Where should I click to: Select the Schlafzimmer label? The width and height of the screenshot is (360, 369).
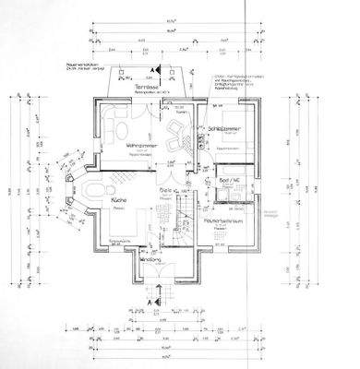pos(226,128)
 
